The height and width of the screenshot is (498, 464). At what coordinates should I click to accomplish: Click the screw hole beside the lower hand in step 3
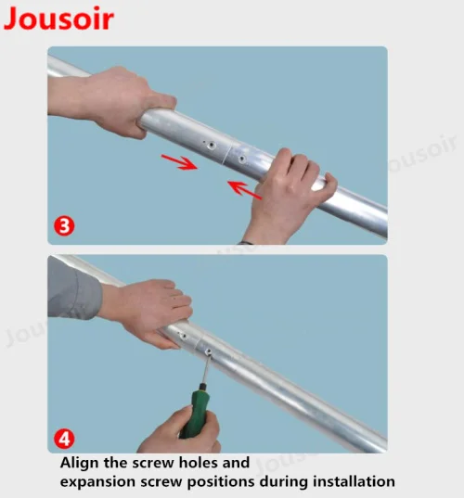coord(242,159)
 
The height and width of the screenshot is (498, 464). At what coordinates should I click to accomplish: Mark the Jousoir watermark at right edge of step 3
coord(418,167)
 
